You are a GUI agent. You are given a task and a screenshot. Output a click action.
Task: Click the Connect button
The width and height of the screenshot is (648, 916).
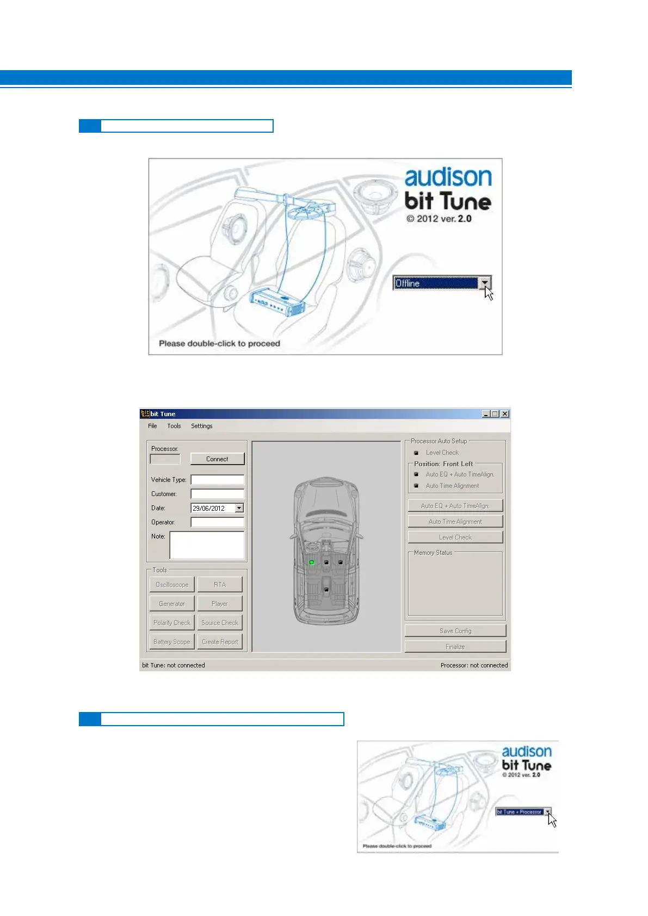point(217,459)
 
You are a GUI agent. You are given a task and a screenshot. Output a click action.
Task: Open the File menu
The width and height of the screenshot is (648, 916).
point(152,426)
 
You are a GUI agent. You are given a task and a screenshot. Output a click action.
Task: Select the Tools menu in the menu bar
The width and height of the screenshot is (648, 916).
point(174,426)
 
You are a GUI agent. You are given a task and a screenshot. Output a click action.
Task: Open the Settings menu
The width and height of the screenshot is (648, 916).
point(201,426)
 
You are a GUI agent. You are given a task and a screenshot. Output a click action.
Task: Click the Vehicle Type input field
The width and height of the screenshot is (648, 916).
point(217,480)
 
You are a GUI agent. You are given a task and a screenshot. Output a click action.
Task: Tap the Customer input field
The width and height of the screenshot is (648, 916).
point(217,494)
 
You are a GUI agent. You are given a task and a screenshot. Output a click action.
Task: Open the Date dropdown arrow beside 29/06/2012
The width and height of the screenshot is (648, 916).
point(239,508)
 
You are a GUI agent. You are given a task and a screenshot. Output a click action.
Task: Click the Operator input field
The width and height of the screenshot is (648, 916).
point(217,522)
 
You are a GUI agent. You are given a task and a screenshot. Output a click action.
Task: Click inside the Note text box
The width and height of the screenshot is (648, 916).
point(207,545)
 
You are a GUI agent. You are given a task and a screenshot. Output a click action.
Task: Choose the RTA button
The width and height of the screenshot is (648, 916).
point(219,585)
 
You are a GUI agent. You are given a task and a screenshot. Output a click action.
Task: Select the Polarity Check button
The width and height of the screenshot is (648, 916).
point(172,623)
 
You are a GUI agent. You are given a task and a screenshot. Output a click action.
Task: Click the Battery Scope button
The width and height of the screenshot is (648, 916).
point(172,642)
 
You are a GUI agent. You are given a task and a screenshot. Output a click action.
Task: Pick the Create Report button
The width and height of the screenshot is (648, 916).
point(220,642)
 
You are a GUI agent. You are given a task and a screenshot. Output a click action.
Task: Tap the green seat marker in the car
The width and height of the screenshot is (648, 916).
point(312,562)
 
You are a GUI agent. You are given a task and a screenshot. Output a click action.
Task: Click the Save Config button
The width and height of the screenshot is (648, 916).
point(455,631)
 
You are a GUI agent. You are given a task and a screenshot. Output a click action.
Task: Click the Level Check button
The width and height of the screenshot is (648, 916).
point(455,537)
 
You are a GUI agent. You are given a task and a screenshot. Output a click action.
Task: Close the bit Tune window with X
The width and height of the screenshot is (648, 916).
point(505,414)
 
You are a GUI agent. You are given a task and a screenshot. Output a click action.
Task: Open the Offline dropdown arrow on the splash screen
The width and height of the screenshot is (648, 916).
point(485,283)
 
